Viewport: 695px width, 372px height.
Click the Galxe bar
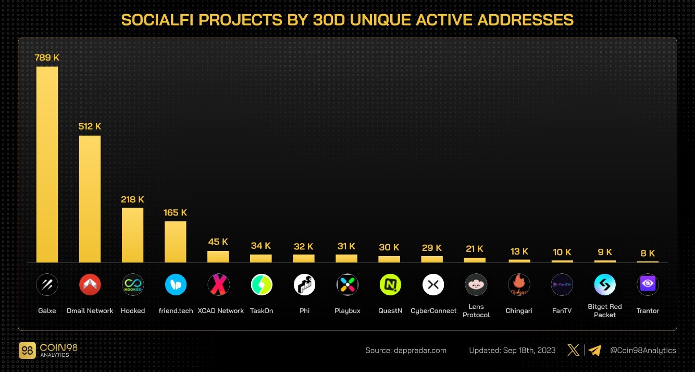pos(47,164)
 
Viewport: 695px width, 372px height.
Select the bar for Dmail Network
pos(90,199)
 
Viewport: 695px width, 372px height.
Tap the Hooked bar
pos(132,235)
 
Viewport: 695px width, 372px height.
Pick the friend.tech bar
pos(175,242)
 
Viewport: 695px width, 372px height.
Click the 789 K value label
pos(47,57)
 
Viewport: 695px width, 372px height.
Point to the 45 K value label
pos(218,242)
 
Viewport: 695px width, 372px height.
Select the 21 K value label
pos(475,249)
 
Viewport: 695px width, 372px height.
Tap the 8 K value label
pos(648,253)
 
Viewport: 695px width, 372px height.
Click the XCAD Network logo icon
pos(218,285)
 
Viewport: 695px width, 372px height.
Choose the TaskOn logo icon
pos(261,285)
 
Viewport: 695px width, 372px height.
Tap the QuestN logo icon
pos(390,285)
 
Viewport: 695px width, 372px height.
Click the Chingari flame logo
pos(518,285)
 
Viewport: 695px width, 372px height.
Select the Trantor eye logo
pos(648,285)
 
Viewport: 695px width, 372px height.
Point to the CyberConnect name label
pos(432,311)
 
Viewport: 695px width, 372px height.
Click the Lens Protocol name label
pos(476,311)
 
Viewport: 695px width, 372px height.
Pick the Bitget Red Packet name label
pos(605,311)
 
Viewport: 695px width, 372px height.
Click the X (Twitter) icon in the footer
pos(573,350)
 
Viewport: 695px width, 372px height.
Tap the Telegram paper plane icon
pos(595,350)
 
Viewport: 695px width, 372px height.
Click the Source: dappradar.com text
pos(406,351)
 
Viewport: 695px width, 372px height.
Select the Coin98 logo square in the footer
pos(27,351)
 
